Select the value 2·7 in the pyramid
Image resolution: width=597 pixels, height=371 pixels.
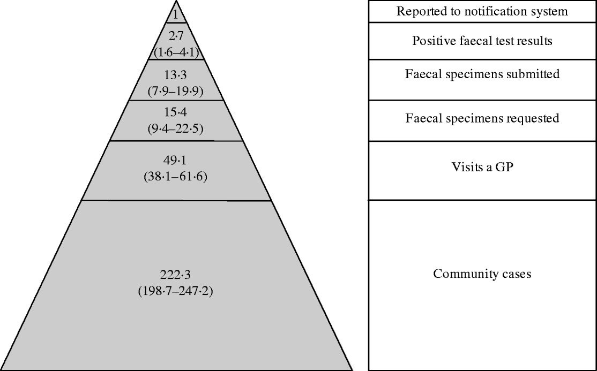[x=176, y=36]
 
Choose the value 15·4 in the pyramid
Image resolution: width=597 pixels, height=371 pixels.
[x=176, y=113]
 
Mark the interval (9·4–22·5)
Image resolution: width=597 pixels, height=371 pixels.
[x=176, y=128]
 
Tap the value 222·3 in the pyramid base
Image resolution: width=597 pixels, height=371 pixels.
[x=176, y=275]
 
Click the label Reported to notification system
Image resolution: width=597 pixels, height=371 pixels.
[x=482, y=12]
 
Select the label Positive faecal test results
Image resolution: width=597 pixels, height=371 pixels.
[x=482, y=41]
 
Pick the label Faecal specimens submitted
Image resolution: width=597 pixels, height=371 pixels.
[x=482, y=74]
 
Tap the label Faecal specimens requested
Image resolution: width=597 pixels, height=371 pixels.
[x=482, y=118]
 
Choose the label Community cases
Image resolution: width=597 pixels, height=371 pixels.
[x=482, y=274]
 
